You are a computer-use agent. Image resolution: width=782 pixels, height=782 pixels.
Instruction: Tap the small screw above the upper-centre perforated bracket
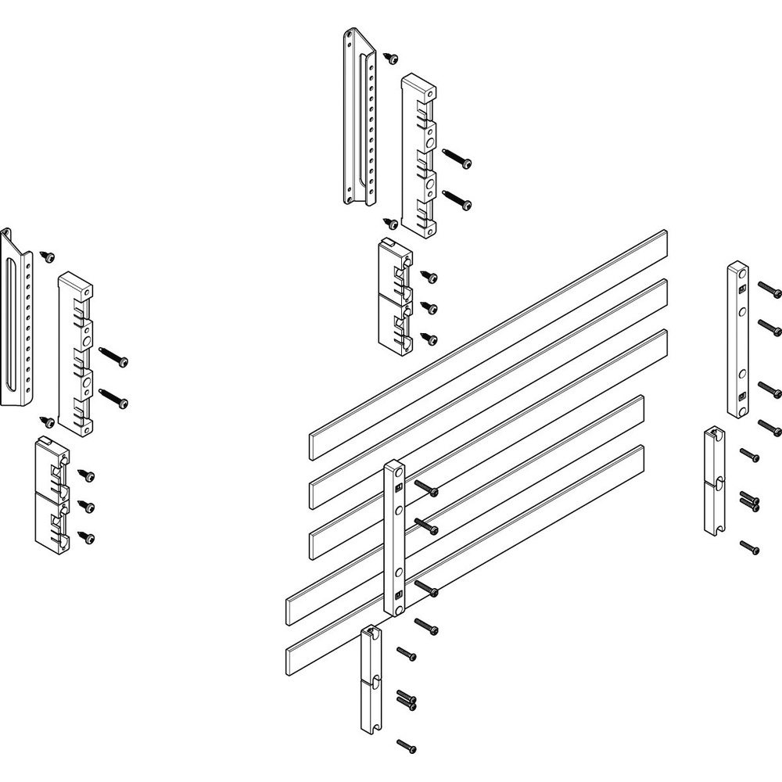click(x=390, y=57)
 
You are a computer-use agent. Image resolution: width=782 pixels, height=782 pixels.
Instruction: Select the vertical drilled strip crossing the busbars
click(x=394, y=538)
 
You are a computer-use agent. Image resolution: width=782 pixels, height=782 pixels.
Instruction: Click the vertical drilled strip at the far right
click(x=737, y=340)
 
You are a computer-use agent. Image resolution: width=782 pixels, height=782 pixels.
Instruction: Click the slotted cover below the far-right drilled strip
click(x=714, y=481)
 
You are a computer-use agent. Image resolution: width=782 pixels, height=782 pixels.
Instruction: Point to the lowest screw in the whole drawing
click(x=406, y=746)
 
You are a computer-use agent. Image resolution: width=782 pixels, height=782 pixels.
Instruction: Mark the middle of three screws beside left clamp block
click(x=88, y=507)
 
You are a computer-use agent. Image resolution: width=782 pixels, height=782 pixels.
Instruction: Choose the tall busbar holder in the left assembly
click(x=76, y=352)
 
